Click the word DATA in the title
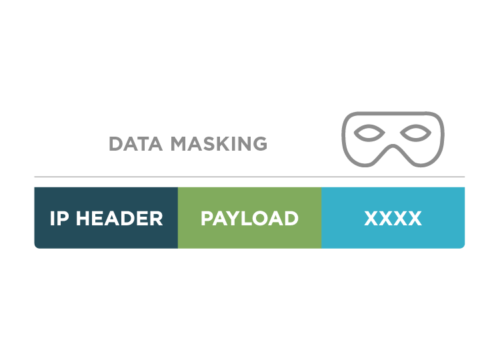(135, 143)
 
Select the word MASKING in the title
(219, 143)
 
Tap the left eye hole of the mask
(369, 133)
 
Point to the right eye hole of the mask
(415, 133)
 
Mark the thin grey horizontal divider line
(249, 177)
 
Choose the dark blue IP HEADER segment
(106, 218)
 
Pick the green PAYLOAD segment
(250, 218)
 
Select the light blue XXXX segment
(393, 218)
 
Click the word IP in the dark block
(59, 219)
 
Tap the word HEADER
(119, 219)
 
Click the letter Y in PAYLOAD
(229, 219)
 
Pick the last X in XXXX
(415, 219)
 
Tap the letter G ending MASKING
(260, 143)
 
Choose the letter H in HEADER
(83, 219)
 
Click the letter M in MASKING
(179, 143)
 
